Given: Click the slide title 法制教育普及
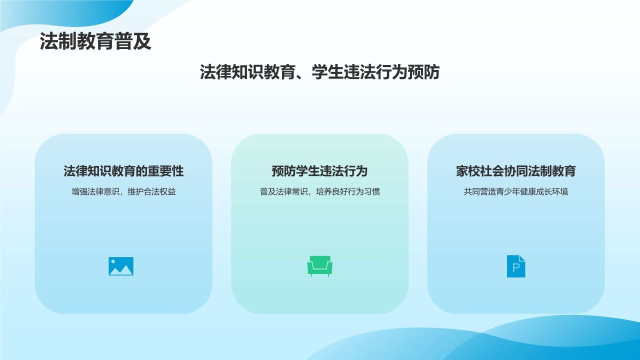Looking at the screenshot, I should click(x=95, y=42).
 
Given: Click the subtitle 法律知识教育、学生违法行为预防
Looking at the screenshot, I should click(x=319, y=72).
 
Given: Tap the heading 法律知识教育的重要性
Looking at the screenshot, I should click(x=123, y=171).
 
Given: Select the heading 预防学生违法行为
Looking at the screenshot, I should click(x=319, y=171).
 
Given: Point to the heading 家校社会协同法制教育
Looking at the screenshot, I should click(x=515, y=171).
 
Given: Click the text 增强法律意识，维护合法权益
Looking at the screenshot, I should click(x=123, y=191).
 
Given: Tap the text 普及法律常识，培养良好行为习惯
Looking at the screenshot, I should click(x=319, y=191).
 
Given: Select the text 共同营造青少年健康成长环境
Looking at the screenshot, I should click(x=515, y=191).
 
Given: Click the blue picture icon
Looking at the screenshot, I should click(x=121, y=266).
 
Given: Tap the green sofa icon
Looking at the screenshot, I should click(x=319, y=266).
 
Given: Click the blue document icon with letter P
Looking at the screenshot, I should click(x=516, y=266).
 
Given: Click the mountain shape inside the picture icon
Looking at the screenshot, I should click(x=122, y=270).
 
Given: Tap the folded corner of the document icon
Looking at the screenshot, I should click(x=522, y=258).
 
